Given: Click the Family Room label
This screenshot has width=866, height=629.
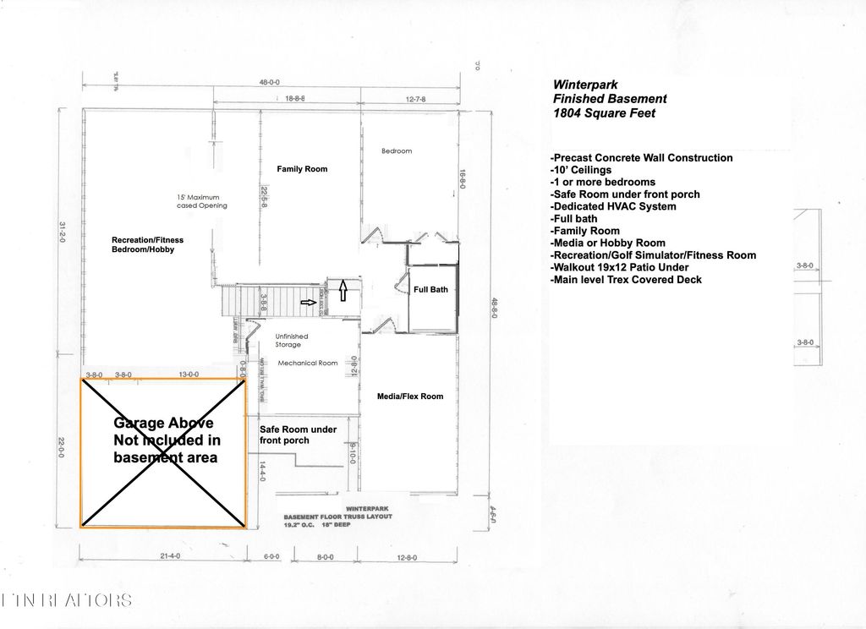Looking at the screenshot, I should [x=302, y=169].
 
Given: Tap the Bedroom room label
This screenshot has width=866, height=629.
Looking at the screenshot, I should [x=397, y=151].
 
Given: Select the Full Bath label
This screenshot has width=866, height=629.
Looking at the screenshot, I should [x=431, y=290].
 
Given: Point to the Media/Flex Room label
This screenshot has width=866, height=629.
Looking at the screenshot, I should [x=409, y=396].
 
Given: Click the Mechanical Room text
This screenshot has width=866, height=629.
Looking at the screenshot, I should [x=308, y=363].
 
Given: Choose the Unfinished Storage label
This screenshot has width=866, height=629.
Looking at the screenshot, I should [x=292, y=341].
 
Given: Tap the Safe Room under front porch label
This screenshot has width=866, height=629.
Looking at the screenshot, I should [x=298, y=435].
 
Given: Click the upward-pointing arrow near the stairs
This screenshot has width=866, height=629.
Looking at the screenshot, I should [x=343, y=293].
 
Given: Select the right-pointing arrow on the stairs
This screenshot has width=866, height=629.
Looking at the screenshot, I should [x=310, y=302].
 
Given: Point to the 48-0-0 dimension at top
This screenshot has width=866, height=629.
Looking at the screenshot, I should [x=269, y=83].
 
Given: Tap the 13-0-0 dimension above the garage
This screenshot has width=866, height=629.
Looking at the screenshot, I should [x=189, y=374].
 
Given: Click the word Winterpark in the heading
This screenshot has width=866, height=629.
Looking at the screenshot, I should [x=585, y=85].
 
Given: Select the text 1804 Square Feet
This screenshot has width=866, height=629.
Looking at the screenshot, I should [x=604, y=113].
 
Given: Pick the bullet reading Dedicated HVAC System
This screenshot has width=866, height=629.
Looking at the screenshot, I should [x=613, y=206].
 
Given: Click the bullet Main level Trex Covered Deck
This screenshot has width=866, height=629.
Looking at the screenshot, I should [x=626, y=280].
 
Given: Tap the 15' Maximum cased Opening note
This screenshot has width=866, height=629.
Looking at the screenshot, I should [x=202, y=201].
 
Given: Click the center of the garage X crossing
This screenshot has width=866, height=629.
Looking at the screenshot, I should [x=163, y=453].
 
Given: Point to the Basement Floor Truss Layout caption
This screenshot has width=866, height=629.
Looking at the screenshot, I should [x=337, y=517].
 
